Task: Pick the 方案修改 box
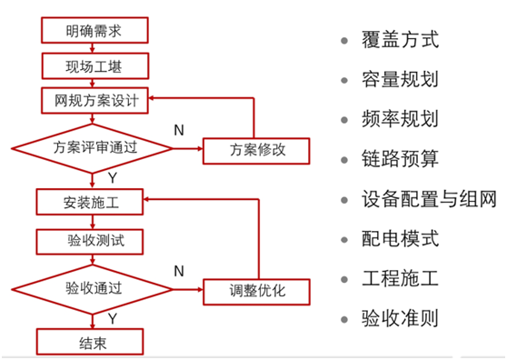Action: pyautogui.click(x=257, y=148)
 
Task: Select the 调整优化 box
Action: pyautogui.click(x=257, y=291)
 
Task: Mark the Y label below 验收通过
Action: pyautogui.click(x=112, y=318)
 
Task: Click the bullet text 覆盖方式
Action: pyautogui.click(x=400, y=41)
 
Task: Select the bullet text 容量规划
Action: pyautogui.click(x=400, y=80)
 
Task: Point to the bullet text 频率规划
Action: pyautogui.click(x=400, y=120)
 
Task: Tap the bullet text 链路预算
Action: pyautogui.click(x=400, y=160)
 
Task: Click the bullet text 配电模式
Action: pyautogui.click(x=400, y=239)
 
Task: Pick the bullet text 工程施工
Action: pyautogui.click(x=400, y=279)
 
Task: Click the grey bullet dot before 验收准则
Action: pyautogui.click(x=343, y=320)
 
